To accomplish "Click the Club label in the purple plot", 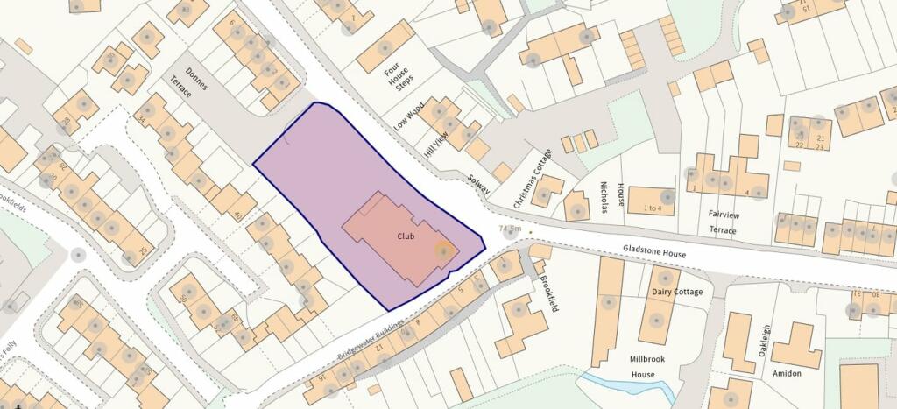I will tap(405, 236).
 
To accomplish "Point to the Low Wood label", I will tap(409, 116).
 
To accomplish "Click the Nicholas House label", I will tap(611, 198).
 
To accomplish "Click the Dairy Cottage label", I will tap(677, 292).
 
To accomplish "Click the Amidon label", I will tap(787, 373).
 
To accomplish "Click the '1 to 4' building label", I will tap(653, 208).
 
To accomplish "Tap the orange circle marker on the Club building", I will tap(443, 250).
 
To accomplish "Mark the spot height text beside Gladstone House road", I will tap(509, 229).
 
